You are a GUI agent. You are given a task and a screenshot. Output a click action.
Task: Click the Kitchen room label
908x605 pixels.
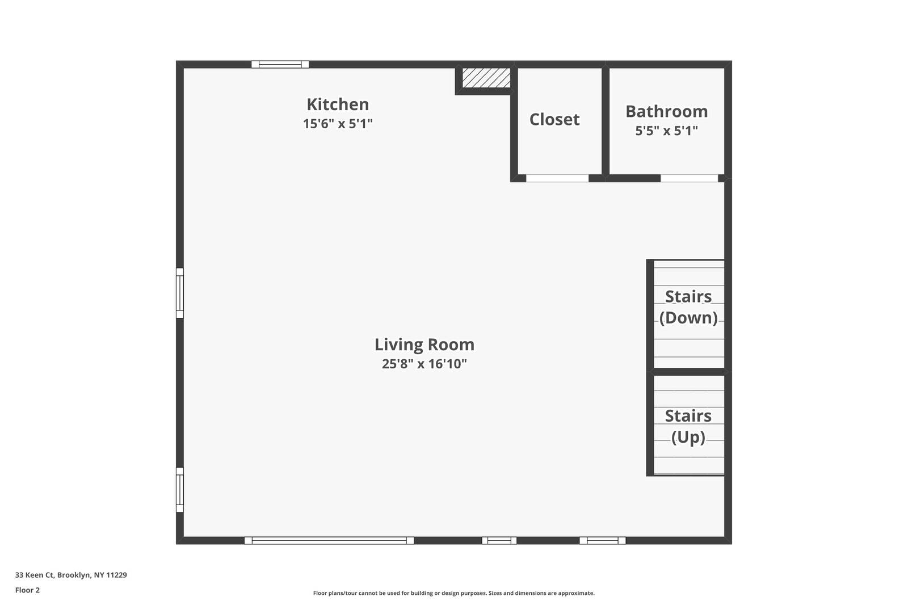click(x=338, y=104)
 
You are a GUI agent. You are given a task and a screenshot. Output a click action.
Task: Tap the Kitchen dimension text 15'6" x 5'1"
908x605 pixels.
click(x=338, y=124)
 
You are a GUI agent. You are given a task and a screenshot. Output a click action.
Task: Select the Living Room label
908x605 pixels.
click(x=424, y=344)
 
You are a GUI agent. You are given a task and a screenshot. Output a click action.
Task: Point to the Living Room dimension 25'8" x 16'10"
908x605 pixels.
click(x=424, y=364)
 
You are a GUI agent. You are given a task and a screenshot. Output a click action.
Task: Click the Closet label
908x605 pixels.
click(x=554, y=119)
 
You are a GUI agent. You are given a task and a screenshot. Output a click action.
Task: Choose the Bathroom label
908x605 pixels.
click(x=666, y=111)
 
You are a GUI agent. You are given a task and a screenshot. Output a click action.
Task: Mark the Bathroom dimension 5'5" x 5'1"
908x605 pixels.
click(x=666, y=131)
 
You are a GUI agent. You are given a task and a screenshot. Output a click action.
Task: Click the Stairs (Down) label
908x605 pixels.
click(x=688, y=307)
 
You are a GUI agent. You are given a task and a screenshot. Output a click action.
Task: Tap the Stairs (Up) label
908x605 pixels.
click(x=688, y=426)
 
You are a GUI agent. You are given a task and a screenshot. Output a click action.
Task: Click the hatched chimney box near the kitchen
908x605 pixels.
click(x=486, y=78)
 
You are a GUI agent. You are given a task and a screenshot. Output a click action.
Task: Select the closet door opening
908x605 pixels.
click(x=557, y=178)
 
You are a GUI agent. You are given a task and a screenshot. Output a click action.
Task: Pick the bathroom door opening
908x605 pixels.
click(x=689, y=178)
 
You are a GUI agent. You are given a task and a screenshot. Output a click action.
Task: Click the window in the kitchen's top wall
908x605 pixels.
click(x=280, y=64)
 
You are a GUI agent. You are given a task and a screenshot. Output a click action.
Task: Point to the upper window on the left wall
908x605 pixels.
click(x=180, y=293)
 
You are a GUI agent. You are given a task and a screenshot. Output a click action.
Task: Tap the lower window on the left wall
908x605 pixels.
click(x=180, y=489)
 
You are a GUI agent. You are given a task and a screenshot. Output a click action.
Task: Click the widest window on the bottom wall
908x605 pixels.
click(x=329, y=540)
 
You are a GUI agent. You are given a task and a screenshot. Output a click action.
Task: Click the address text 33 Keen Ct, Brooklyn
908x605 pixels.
click(x=71, y=575)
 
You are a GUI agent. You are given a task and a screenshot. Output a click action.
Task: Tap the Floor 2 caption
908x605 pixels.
click(x=27, y=590)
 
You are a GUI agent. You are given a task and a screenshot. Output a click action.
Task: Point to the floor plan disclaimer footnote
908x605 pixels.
click(x=454, y=593)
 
